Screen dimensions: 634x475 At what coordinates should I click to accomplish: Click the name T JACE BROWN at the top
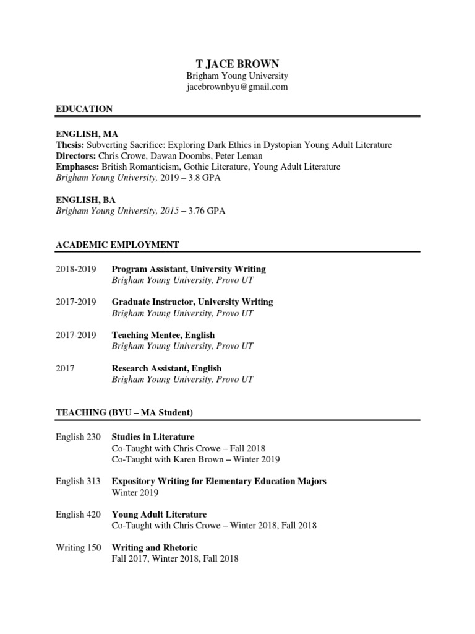click(x=237, y=63)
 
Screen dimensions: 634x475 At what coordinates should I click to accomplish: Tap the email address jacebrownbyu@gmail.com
click(x=237, y=87)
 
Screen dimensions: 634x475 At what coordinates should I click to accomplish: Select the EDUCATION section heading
click(x=84, y=109)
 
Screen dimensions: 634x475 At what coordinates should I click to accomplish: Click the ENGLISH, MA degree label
click(x=87, y=134)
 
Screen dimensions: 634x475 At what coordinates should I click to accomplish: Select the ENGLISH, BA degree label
click(x=86, y=200)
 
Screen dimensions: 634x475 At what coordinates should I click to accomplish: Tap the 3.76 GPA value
click(x=210, y=212)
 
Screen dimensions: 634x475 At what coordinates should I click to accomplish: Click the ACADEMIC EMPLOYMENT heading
click(x=118, y=245)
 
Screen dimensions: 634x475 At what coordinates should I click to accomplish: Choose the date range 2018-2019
click(x=76, y=269)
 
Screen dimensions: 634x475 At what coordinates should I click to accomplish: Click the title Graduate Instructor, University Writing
click(x=192, y=302)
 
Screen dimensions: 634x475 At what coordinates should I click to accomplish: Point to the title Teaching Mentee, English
click(x=163, y=335)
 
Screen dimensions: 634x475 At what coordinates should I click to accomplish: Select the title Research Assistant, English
click(x=166, y=368)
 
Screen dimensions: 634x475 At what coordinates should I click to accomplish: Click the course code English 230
click(x=78, y=437)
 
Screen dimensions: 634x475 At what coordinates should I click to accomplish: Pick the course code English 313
click(x=78, y=481)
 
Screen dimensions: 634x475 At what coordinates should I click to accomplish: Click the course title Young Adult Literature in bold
click(x=159, y=515)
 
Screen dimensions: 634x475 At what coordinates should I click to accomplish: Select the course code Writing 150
click(x=79, y=548)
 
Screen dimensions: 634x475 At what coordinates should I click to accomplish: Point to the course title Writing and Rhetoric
click(x=155, y=548)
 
